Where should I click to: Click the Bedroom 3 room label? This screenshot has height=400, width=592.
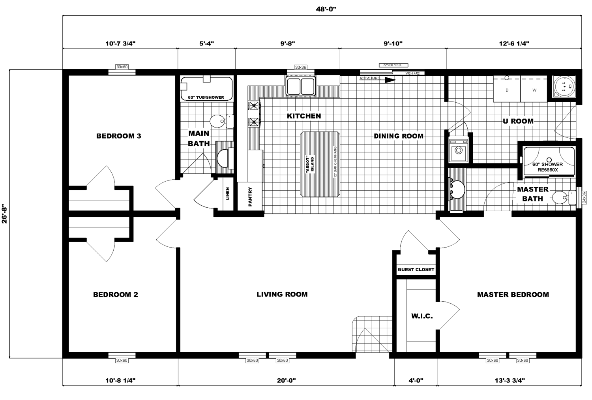click(x=118, y=136)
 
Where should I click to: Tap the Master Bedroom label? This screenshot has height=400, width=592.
click(x=513, y=295)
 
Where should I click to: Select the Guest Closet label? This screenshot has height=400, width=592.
click(x=416, y=269)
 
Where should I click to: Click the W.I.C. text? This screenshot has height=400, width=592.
click(x=422, y=316)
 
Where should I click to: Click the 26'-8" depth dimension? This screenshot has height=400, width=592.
click(x=4, y=214)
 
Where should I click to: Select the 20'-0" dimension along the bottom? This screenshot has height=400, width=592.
click(x=286, y=381)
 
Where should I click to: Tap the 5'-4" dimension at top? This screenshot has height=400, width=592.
click(x=206, y=43)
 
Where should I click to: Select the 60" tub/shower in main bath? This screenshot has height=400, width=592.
click(x=206, y=89)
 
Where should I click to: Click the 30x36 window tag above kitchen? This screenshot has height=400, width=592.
click(x=300, y=67)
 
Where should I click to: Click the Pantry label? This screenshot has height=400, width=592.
click(x=250, y=197)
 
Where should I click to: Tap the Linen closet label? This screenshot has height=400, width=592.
click(x=228, y=193)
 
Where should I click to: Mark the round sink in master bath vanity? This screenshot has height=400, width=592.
click(x=457, y=190)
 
